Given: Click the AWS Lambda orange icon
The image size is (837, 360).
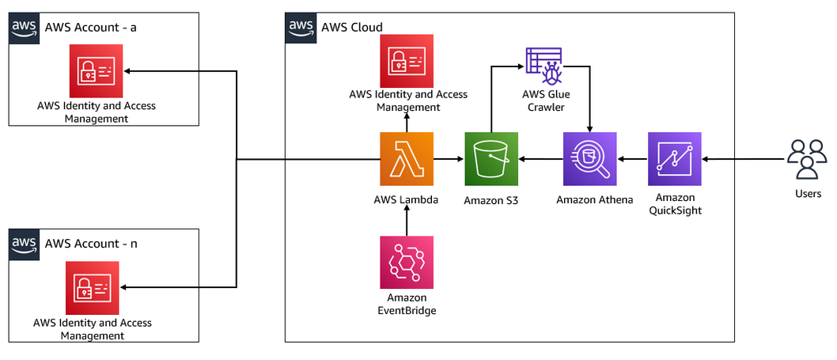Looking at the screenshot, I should (x=407, y=159).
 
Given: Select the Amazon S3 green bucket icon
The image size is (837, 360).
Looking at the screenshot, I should (x=490, y=159).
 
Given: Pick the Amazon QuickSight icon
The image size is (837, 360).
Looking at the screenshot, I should (x=674, y=159).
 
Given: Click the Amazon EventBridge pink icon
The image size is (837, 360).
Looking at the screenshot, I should (x=407, y=263).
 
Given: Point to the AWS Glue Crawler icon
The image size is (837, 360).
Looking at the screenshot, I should (x=543, y=66).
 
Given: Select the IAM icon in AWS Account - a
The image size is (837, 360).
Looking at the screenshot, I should (x=96, y=71).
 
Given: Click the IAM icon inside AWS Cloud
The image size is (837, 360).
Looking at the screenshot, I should (x=407, y=61).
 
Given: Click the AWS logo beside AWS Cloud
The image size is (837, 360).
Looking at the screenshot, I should (x=300, y=27).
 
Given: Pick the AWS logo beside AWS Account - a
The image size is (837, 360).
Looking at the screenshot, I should (x=24, y=27).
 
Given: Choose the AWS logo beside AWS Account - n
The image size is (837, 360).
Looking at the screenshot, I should (x=24, y=244).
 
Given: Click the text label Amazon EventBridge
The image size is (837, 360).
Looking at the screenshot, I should (x=407, y=304).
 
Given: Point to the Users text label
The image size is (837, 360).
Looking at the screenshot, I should (x=808, y=194).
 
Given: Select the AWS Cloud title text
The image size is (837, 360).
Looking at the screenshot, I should (x=352, y=27).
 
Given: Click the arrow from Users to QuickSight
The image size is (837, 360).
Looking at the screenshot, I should (x=744, y=160).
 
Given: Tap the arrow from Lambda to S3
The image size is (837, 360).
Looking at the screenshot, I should (x=449, y=160).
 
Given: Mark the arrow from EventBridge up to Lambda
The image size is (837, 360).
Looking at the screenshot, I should (x=407, y=219).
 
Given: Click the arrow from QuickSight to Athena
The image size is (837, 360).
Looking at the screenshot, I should (x=632, y=160).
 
